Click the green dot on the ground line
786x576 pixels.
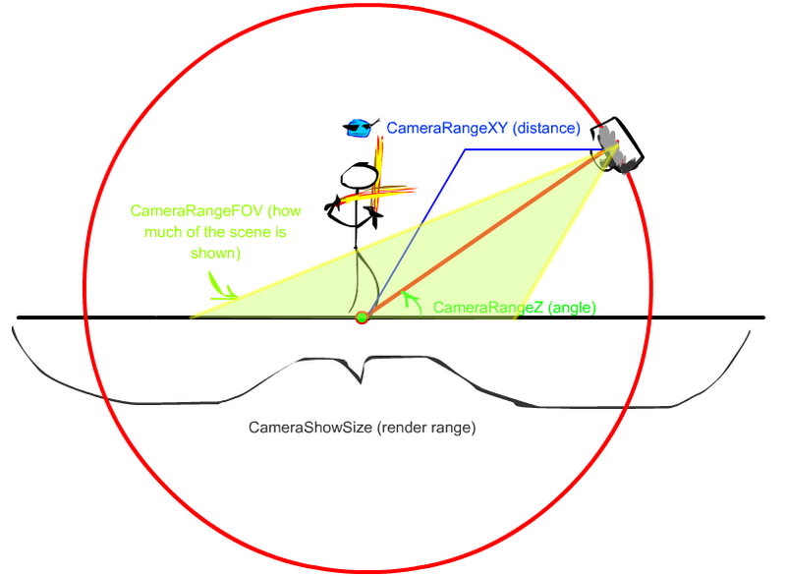362,317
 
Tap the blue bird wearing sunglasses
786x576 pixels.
360,128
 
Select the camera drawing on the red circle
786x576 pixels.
616,145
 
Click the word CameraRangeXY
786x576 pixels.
447,128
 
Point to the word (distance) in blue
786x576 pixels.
546,128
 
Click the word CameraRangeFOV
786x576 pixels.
196,210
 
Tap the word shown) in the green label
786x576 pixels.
215,254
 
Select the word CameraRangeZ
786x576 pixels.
487,307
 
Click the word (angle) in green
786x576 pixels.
572,307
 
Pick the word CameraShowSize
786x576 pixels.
310,428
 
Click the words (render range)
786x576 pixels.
426,428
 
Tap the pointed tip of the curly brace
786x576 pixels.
361,383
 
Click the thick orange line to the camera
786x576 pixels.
489,231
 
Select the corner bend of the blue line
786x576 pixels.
465,149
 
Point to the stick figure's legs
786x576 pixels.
364,281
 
